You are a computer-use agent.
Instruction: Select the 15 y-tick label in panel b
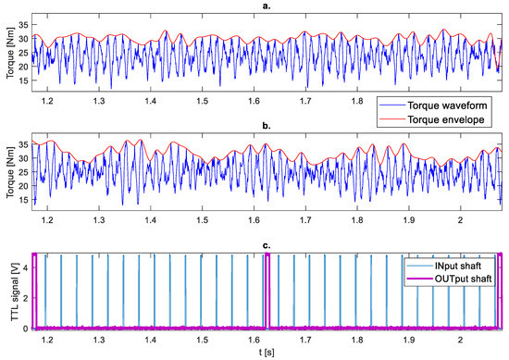22,202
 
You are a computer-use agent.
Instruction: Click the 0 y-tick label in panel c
25,328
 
